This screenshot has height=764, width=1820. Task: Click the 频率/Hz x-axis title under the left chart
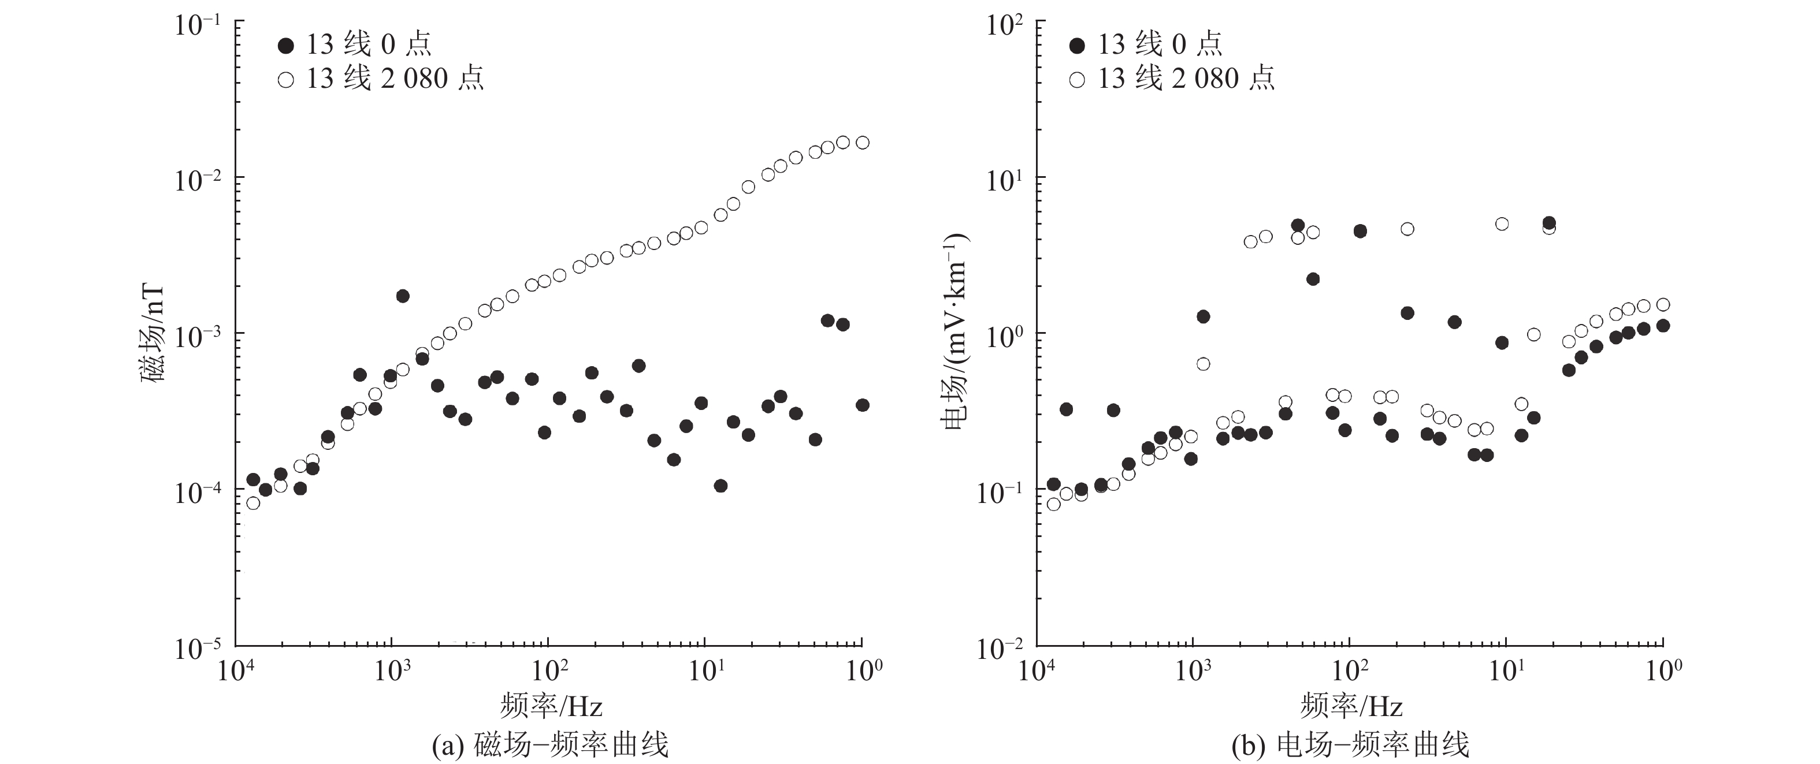(551, 705)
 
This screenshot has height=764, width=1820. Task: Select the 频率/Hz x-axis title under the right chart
(1351, 705)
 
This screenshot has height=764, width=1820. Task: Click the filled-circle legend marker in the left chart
(285, 46)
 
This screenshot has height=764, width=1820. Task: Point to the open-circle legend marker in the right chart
(1077, 80)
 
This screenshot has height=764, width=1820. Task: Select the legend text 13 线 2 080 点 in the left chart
(394, 79)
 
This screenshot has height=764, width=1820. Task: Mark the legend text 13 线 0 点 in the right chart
(1158, 45)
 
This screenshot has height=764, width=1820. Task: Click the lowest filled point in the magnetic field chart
(720, 486)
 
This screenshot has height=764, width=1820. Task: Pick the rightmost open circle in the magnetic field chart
(863, 143)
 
